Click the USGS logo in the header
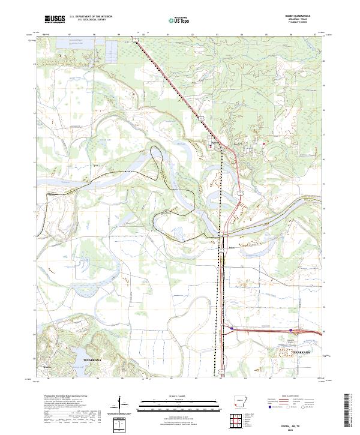55,19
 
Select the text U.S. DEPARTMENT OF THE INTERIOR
91,17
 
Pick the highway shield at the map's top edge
136,40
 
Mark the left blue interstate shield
231,328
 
